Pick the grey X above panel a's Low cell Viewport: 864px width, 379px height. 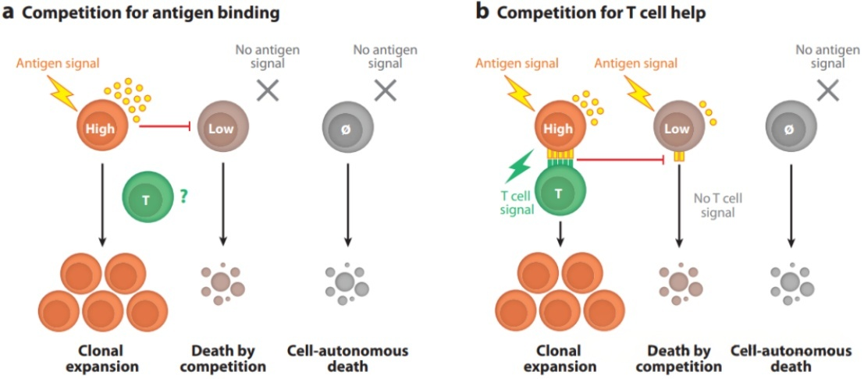tap(268, 90)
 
